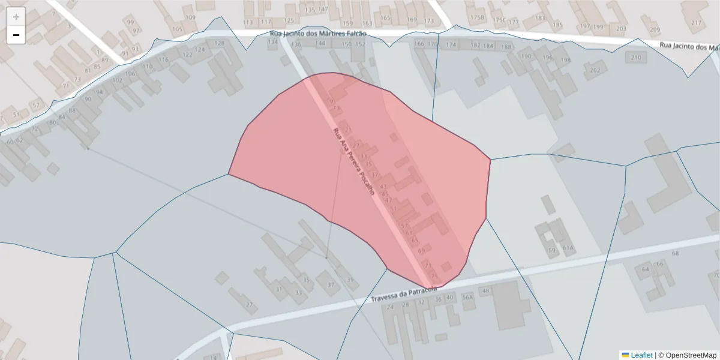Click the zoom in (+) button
pos(16,17)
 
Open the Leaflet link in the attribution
pos(641,355)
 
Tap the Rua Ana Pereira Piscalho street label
pos(353,162)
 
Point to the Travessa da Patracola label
pos(404,293)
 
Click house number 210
pos(636,58)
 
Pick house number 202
pos(595,70)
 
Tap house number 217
pos(696,23)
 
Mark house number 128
pos(220,43)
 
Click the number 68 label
pos(675,254)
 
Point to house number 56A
pos(468,297)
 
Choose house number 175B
pos(478,18)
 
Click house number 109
pos(191,17)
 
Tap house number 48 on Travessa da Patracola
pos(486,291)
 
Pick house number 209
pos(654,29)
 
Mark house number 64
pos(646,269)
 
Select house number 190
pos(526,56)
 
